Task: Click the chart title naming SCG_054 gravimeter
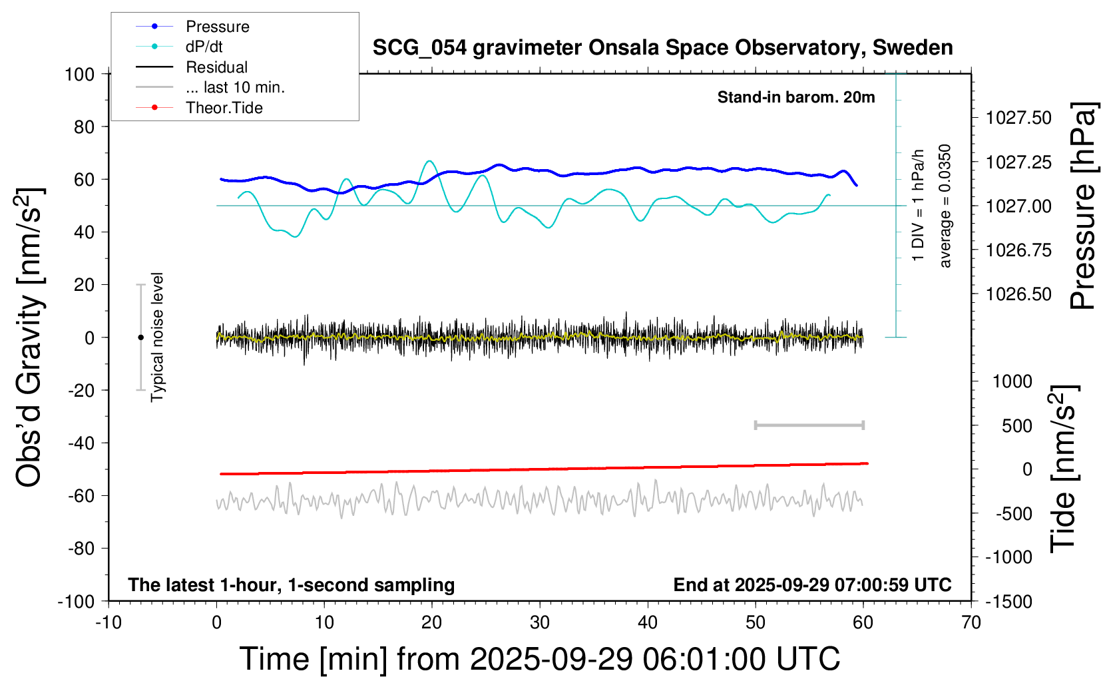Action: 662,48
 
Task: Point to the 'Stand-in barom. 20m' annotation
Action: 795,97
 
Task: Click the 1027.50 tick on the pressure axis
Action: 1018,118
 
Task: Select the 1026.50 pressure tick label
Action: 1018,294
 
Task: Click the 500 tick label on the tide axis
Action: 1016,426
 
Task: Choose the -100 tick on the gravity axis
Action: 76,602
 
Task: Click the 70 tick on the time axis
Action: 971,623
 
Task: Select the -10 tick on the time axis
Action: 109,623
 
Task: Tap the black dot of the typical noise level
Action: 140,338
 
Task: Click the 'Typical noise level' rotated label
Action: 157,337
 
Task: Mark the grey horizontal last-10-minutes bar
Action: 809,425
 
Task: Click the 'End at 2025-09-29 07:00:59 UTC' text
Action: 812,585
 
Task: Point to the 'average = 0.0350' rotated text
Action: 945,206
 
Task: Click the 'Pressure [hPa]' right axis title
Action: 1083,206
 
